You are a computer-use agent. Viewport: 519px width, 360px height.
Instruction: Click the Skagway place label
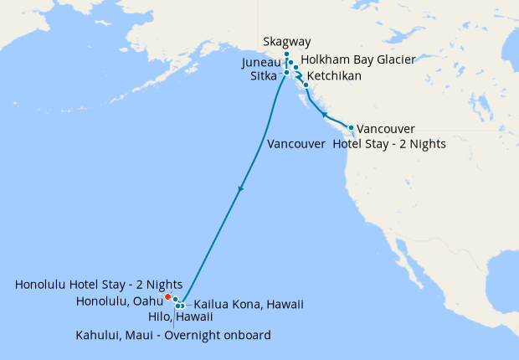click(x=287, y=41)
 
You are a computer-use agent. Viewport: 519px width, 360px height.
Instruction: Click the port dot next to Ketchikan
click(x=306, y=85)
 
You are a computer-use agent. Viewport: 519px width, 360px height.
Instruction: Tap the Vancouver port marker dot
click(x=351, y=127)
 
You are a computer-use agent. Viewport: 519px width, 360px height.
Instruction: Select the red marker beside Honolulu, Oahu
click(x=167, y=296)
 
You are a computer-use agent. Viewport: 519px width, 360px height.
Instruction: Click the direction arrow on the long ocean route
click(x=241, y=189)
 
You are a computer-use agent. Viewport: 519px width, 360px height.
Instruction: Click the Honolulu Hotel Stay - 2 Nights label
click(x=99, y=285)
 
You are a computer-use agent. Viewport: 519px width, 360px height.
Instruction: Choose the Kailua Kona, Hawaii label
click(x=249, y=304)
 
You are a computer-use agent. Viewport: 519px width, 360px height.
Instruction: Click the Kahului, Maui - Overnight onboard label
click(x=173, y=335)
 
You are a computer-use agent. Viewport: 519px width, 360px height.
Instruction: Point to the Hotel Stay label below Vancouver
click(x=389, y=144)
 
